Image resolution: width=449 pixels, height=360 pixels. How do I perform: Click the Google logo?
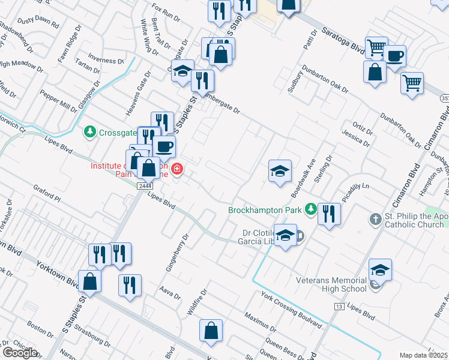click(20, 353)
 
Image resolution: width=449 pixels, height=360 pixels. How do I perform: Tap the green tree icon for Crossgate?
click(89, 131)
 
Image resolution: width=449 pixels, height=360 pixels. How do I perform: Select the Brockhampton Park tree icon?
click(310, 209)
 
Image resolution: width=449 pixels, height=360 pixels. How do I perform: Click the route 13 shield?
click(339, 307)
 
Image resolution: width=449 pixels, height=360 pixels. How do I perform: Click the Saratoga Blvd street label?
click(342, 40)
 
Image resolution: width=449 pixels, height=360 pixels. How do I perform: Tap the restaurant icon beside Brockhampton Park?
click(328, 214)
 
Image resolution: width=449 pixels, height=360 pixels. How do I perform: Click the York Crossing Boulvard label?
click(291, 310)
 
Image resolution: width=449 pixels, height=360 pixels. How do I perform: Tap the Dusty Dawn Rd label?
click(38, 23)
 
